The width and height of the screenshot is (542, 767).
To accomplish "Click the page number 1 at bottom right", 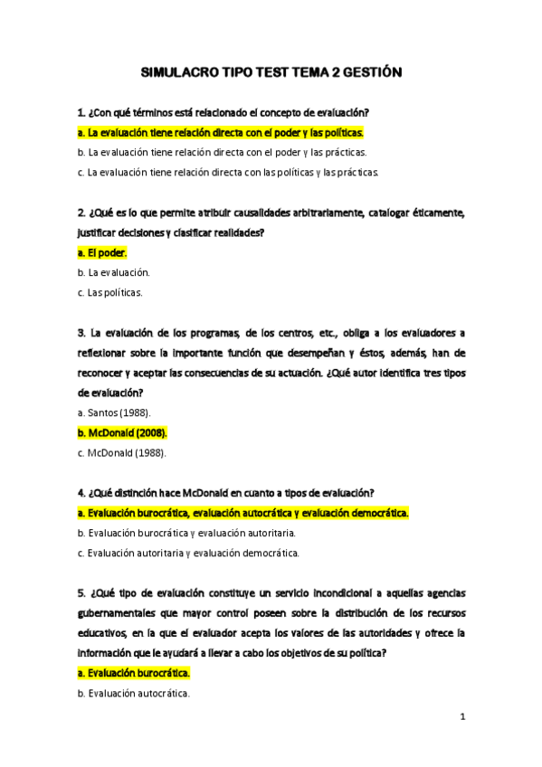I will [461, 717].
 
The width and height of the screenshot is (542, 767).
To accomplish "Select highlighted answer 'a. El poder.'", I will [103, 252].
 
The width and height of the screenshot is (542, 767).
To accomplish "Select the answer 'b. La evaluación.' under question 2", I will [114, 272].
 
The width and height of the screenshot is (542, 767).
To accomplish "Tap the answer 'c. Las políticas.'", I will [110, 292].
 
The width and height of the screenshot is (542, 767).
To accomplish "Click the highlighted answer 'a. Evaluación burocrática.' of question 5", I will [134, 674].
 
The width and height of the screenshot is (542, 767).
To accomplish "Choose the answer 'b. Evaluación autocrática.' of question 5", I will [134, 694].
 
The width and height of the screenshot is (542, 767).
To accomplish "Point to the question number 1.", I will [81, 113].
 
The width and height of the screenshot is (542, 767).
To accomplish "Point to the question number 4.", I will [81, 493].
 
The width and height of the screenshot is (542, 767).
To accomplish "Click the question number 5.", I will [81, 593].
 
